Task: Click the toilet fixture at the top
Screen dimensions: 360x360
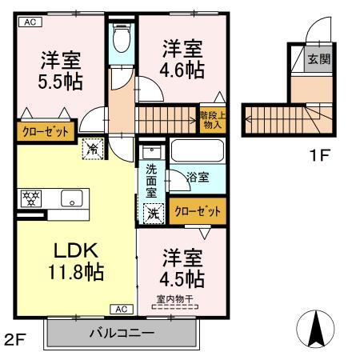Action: click(122, 37)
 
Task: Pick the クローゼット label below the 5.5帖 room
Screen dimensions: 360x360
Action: click(44, 131)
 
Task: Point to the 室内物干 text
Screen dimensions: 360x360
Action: click(174, 300)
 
